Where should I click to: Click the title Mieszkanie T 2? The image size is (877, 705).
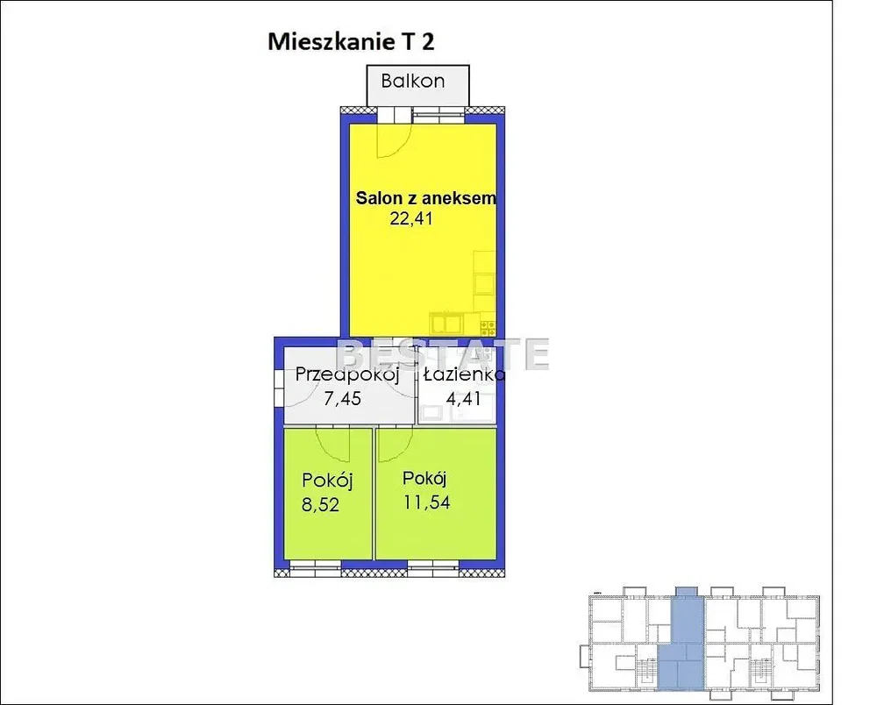click(351, 42)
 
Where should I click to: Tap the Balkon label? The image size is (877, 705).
click(413, 81)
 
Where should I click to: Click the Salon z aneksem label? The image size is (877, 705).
click(425, 198)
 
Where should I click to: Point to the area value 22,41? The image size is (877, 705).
click(411, 218)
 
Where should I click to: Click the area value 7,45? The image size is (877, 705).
click(342, 399)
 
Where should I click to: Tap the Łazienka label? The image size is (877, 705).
click(464, 374)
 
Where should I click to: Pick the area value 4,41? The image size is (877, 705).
click(463, 399)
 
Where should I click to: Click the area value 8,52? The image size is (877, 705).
click(320, 505)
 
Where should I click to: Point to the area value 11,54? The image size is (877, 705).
click(427, 502)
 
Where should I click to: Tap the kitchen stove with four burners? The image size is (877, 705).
click(488, 327)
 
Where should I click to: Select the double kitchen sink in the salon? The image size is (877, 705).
click(446, 324)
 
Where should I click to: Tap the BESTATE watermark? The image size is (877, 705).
click(442, 354)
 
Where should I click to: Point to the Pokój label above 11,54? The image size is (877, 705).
click(424, 479)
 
